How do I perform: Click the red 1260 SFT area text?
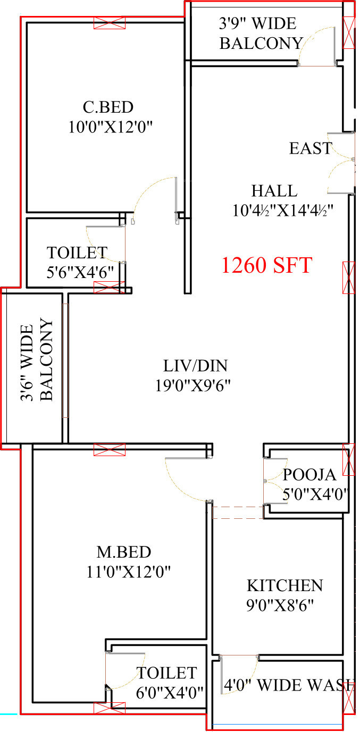(x=267, y=265)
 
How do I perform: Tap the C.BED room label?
(x=108, y=107)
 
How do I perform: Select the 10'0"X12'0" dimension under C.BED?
(x=111, y=127)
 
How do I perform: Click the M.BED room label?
(x=124, y=552)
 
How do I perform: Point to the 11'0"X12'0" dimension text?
(x=129, y=572)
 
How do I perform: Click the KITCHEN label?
(x=285, y=586)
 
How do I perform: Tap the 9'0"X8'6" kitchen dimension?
(x=280, y=605)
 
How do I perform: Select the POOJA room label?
(x=309, y=475)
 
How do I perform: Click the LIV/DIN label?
(x=196, y=366)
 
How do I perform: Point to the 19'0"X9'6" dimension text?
(x=193, y=385)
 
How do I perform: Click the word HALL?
(x=274, y=191)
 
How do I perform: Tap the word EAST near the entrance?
(x=311, y=148)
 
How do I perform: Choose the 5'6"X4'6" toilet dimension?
(x=80, y=272)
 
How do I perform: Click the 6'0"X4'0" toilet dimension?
(x=170, y=693)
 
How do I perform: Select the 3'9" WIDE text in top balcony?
(x=258, y=23)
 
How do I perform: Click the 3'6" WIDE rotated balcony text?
(x=27, y=363)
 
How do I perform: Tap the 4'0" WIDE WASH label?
(x=289, y=685)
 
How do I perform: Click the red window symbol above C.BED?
(x=110, y=23)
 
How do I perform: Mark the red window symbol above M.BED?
(x=110, y=450)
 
